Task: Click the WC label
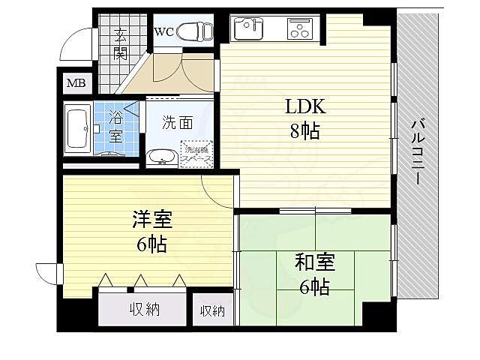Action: point(164,31)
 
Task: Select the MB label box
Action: point(76,82)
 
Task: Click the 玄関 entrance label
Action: point(121,43)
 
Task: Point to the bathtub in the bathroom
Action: point(78,129)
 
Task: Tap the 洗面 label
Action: point(178,122)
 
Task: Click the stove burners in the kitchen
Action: point(299,30)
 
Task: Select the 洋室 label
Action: point(152,220)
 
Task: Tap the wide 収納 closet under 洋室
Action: point(142,309)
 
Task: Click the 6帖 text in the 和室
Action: point(313,286)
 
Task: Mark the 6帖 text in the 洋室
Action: point(152,244)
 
